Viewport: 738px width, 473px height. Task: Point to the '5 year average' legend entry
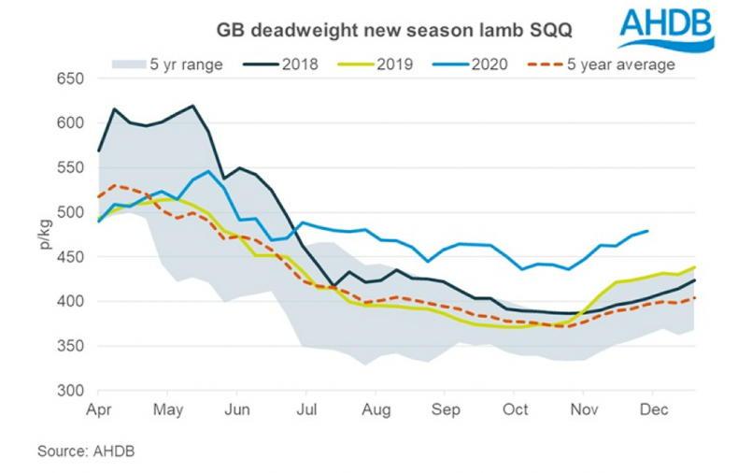tap(598, 64)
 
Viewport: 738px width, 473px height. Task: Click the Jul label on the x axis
tap(305, 409)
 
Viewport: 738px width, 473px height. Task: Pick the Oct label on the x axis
tap(516, 409)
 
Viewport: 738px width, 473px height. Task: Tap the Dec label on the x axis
tap(658, 409)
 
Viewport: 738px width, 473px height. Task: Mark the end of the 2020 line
tap(648, 231)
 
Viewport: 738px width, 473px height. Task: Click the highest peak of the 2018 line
tap(192, 106)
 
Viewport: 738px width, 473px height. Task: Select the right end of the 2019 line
tap(695, 267)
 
